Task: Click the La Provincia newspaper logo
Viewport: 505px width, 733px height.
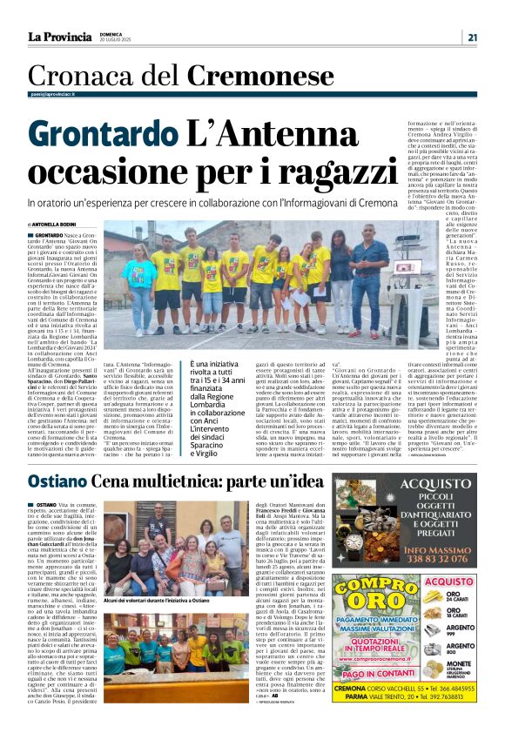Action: [59, 37]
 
